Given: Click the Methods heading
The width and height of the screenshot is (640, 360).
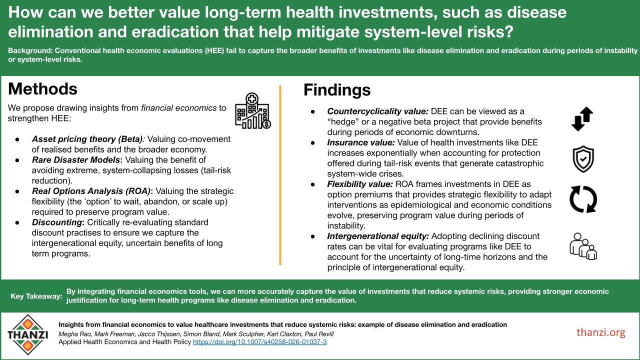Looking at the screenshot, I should (x=42, y=89).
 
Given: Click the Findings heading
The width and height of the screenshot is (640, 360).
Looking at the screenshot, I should (x=336, y=90).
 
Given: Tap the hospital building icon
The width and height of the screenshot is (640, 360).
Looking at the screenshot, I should (x=252, y=110).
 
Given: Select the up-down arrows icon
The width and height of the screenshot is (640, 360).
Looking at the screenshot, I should (x=582, y=119).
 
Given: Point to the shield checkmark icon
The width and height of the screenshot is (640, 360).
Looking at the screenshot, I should (x=582, y=158).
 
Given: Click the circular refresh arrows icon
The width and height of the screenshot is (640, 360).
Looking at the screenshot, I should (x=583, y=198).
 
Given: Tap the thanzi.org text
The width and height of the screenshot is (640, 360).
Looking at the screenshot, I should (x=600, y=332).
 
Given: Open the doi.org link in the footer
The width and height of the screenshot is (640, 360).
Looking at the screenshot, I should (x=259, y=342).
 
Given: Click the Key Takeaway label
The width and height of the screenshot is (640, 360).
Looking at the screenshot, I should (x=36, y=296).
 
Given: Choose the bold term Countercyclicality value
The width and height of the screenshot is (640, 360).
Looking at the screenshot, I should (x=377, y=111).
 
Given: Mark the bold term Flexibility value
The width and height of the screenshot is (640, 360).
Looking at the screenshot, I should (x=359, y=184).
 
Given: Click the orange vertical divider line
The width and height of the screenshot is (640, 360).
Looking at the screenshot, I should (x=280, y=175).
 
